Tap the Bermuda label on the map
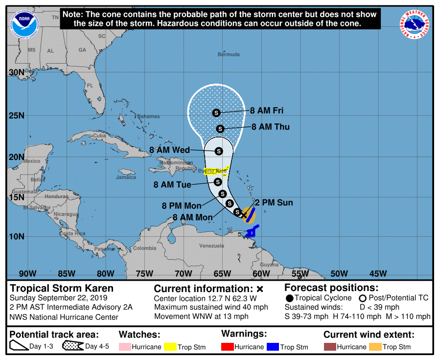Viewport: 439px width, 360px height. pos(229,54)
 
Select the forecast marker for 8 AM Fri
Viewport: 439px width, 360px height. pos(216,113)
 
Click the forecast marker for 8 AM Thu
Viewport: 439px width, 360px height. pos(220,129)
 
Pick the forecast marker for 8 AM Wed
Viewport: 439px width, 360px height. pos(219,151)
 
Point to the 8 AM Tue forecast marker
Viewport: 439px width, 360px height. pos(218,182)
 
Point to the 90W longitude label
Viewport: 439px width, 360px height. pos(27,273)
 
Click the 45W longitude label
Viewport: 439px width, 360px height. pos(377,273)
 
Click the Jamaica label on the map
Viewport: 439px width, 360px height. pos(126,177)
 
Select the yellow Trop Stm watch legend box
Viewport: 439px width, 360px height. pos(170,347)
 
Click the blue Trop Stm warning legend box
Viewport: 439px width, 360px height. pos(273,347)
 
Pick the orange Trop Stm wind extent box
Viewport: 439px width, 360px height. pos(375,347)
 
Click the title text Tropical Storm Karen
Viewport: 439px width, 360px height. pos(62,288)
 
